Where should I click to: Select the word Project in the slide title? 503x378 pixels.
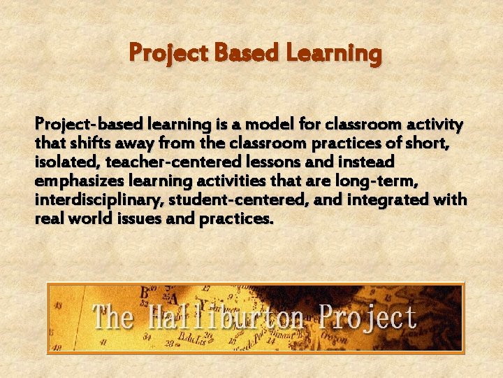point(169,53)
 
